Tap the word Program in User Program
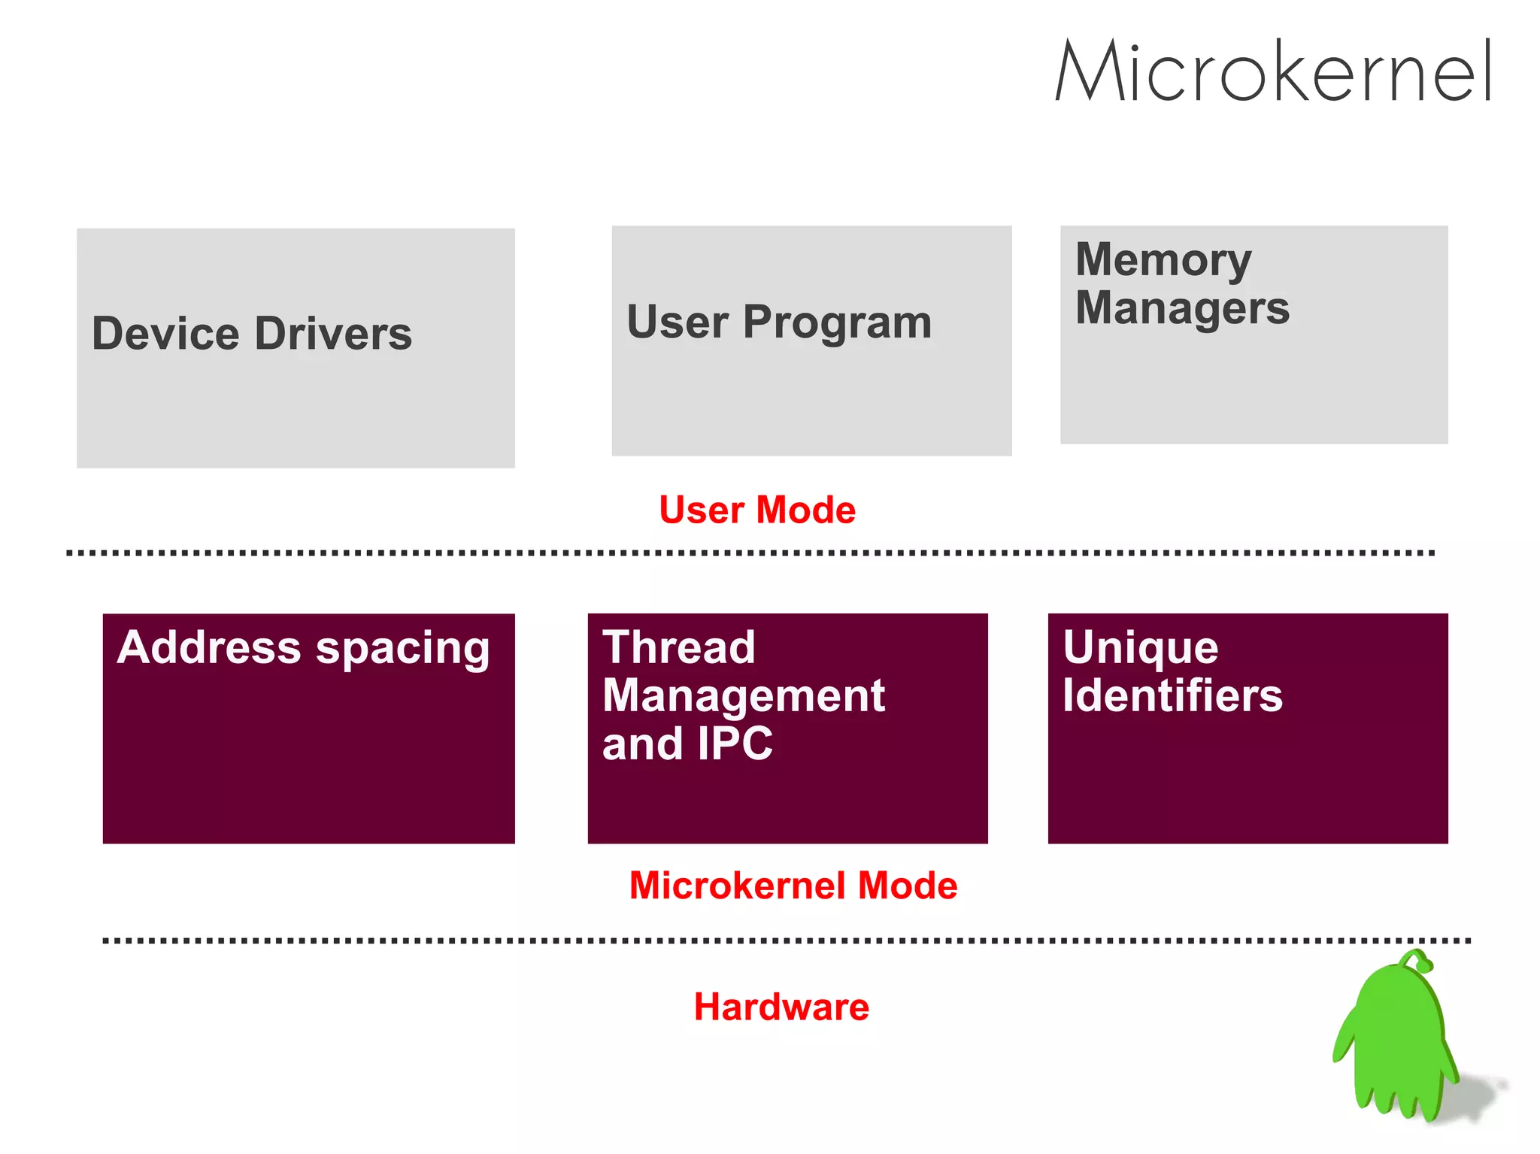click(x=837, y=323)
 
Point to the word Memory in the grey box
click(x=1163, y=260)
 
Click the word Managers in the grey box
click(x=1182, y=308)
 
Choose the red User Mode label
click(x=757, y=510)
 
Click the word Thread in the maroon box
click(x=678, y=647)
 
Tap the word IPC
click(x=735, y=744)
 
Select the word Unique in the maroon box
click(x=1140, y=647)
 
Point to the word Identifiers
click(x=1172, y=695)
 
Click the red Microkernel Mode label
click(x=793, y=885)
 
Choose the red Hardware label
click(x=781, y=1007)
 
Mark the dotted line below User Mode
click(x=752, y=553)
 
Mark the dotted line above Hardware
click(x=786, y=940)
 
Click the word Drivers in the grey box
click(x=333, y=334)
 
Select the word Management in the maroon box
click(x=743, y=695)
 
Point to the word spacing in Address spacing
click(x=402, y=649)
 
